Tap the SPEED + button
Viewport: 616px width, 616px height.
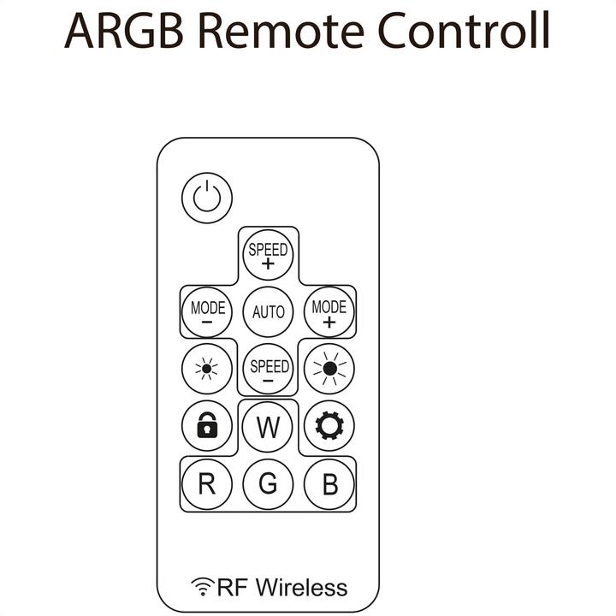click(x=268, y=255)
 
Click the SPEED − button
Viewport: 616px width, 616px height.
click(x=268, y=369)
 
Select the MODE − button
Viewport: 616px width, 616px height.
click(x=207, y=312)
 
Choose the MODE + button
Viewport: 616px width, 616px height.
click(x=329, y=312)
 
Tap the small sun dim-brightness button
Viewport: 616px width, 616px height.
click(x=207, y=369)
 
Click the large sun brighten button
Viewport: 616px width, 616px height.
click(x=329, y=369)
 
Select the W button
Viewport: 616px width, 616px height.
click(x=268, y=426)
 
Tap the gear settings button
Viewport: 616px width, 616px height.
click(x=329, y=425)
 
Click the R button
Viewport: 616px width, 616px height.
click(x=207, y=484)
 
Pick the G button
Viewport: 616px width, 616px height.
click(x=268, y=484)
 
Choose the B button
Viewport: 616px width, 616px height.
click(x=329, y=484)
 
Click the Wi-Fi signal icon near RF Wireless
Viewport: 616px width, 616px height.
click(x=203, y=587)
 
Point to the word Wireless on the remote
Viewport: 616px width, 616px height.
click(x=302, y=588)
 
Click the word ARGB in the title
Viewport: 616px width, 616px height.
click(x=124, y=30)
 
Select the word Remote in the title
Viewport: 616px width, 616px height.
click(x=281, y=31)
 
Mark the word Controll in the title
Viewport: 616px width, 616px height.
click(x=464, y=30)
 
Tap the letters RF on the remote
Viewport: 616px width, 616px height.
click(x=232, y=588)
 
